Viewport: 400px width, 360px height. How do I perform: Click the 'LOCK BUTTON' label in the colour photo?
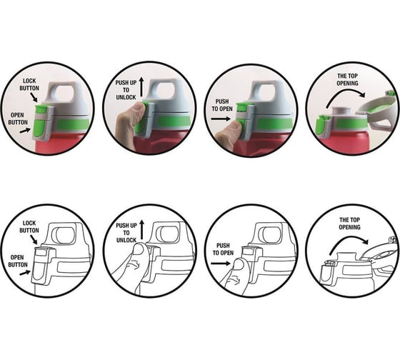[29, 84]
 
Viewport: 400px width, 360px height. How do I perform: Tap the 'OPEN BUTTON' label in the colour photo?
[18, 119]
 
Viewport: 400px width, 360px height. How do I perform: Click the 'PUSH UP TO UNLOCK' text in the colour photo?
[126, 90]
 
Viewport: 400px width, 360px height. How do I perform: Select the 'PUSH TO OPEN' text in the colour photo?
[222, 105]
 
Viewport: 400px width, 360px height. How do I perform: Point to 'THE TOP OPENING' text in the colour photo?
[347, 79]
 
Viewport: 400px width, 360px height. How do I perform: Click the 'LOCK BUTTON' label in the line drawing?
[29, 227]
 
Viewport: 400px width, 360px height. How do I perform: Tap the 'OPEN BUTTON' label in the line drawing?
[18, 261]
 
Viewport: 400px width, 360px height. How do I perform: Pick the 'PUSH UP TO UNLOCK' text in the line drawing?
[126, 233]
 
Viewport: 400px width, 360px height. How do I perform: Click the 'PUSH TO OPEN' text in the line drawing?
[223, 249]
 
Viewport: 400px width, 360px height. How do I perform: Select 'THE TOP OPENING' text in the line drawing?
[349, 224]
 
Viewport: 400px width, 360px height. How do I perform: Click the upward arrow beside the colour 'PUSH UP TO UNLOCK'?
[141, 87]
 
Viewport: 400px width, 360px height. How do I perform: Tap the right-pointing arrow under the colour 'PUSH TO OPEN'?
[221, 119]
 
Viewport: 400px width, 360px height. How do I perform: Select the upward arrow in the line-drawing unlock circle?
[142, 230]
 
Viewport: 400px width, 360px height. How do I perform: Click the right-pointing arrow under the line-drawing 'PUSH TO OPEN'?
[221, 264]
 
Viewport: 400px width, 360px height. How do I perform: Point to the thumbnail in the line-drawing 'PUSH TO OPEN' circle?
[239, 264]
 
